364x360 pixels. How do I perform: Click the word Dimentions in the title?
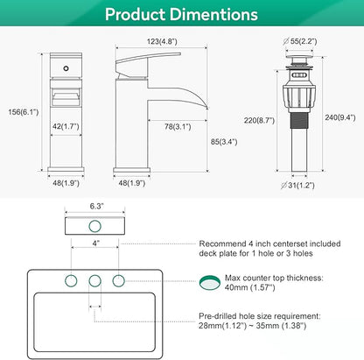(213, 14)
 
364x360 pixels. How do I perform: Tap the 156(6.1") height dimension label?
(24, 112)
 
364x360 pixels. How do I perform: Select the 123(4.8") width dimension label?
(162, 41)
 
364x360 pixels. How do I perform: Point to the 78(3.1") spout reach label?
(178, 127)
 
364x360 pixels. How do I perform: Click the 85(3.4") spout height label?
(224, 142)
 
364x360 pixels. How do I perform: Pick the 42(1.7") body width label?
(66, 126)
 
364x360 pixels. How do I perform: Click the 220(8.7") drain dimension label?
(259, 120)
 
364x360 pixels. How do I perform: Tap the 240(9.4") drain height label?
(340, 117)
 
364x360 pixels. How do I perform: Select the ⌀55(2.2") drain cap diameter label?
(300, 41)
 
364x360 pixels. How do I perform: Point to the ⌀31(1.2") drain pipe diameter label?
(297, 185)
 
